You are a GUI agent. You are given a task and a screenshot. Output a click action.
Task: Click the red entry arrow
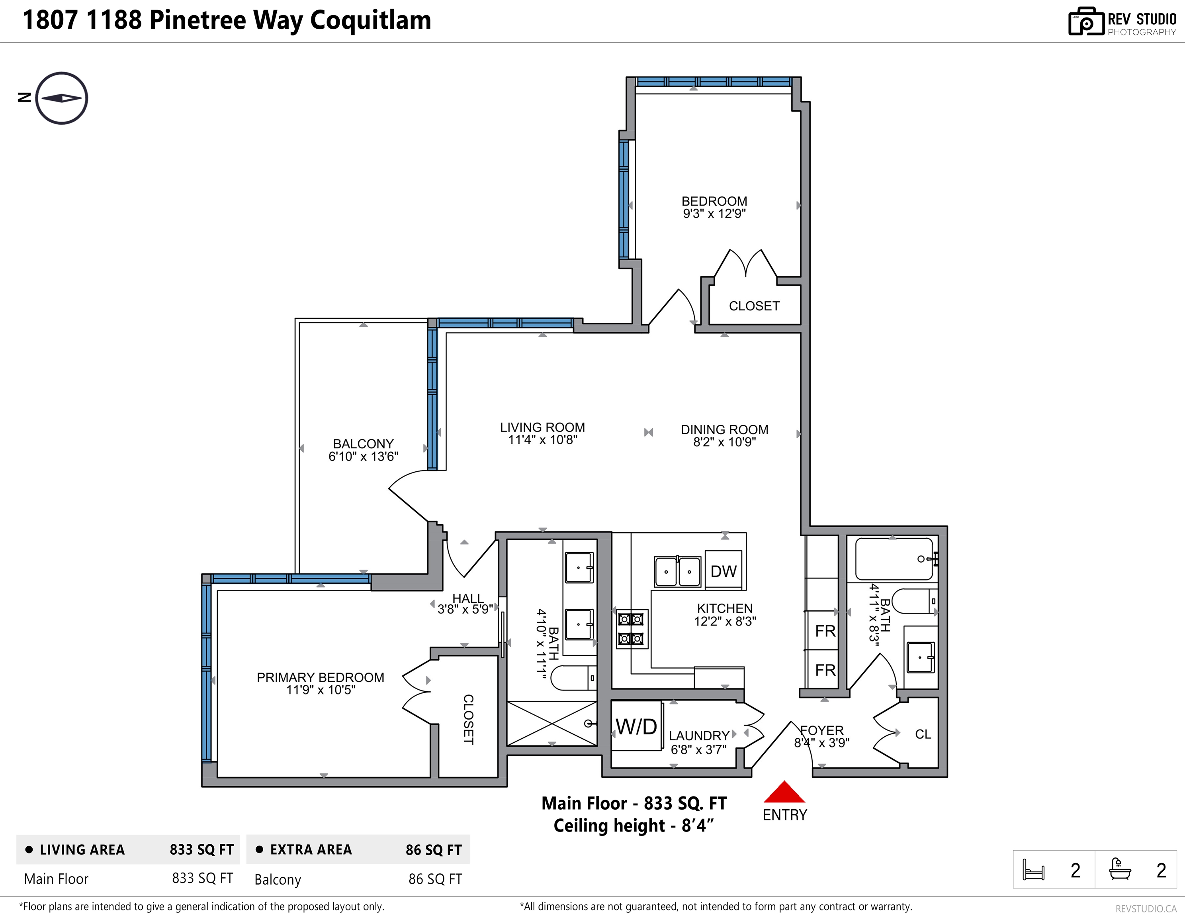784,792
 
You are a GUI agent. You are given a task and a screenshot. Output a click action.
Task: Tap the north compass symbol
61,98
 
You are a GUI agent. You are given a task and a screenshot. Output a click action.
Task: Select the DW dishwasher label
724,571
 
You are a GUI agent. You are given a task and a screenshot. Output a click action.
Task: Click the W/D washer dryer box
636,726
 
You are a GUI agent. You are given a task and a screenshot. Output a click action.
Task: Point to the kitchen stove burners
632,629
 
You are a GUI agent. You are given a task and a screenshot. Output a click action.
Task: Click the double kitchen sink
678,571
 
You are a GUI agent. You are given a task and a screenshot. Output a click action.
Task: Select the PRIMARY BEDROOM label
320,677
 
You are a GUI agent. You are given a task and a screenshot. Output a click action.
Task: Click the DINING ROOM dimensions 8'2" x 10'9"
724,442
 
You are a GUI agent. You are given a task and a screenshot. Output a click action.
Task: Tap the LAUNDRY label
699,736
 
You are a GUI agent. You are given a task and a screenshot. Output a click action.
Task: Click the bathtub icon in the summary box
1120,869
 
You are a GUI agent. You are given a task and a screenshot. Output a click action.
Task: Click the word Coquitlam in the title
371,21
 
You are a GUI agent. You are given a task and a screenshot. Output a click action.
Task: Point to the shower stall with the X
552,724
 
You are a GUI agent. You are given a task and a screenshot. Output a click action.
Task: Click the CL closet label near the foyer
923,734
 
